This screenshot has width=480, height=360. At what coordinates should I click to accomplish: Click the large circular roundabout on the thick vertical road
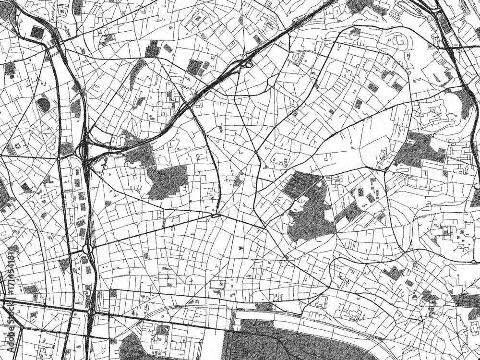(x=87, y=250)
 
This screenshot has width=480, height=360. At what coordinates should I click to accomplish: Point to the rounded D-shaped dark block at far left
(x=44, y=104)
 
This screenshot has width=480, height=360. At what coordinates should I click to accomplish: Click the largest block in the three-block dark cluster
(x=194, y=67)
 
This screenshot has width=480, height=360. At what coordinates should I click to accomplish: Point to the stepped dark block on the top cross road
(x=153, y=48)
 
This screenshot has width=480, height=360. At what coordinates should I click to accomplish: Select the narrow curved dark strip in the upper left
(x=137, y=72)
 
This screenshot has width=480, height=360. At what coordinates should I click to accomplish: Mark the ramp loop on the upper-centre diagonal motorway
(x=247, y=61)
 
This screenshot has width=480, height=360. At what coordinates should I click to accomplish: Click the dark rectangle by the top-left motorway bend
(x=37, y=32)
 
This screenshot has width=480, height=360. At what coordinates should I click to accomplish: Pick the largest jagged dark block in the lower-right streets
(x=394, y=273)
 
